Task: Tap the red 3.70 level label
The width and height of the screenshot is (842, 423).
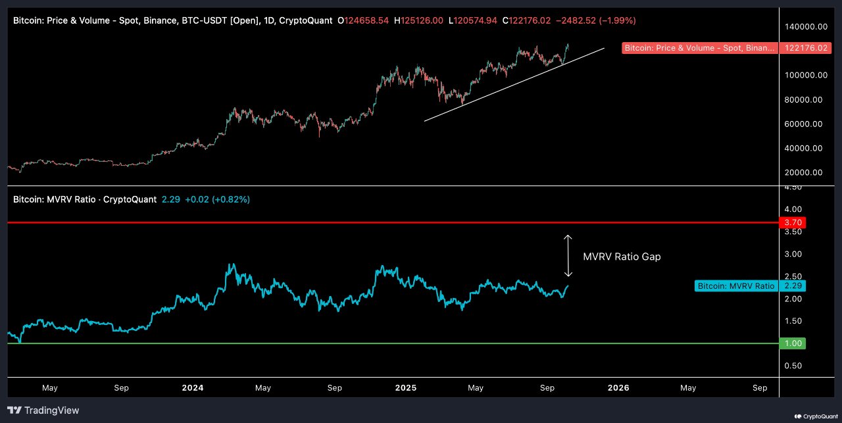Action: coord(791,223)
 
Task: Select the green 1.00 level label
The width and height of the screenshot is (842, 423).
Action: coord(791,343)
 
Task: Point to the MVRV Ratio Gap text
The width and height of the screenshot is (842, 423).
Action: coord(622,257)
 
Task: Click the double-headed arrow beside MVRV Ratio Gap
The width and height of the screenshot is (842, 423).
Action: coord(568,256)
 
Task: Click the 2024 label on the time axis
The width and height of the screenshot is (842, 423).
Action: coord(193,387)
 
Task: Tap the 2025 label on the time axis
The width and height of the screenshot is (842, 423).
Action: coord(405,387)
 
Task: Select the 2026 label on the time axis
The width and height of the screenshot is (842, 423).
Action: coord(618,387)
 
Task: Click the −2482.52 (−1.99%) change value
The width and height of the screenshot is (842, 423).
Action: coord(595,20)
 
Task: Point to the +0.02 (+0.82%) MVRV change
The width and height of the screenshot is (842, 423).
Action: coord(217,199)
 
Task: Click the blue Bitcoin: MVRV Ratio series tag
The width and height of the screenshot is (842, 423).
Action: coord(735,286)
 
